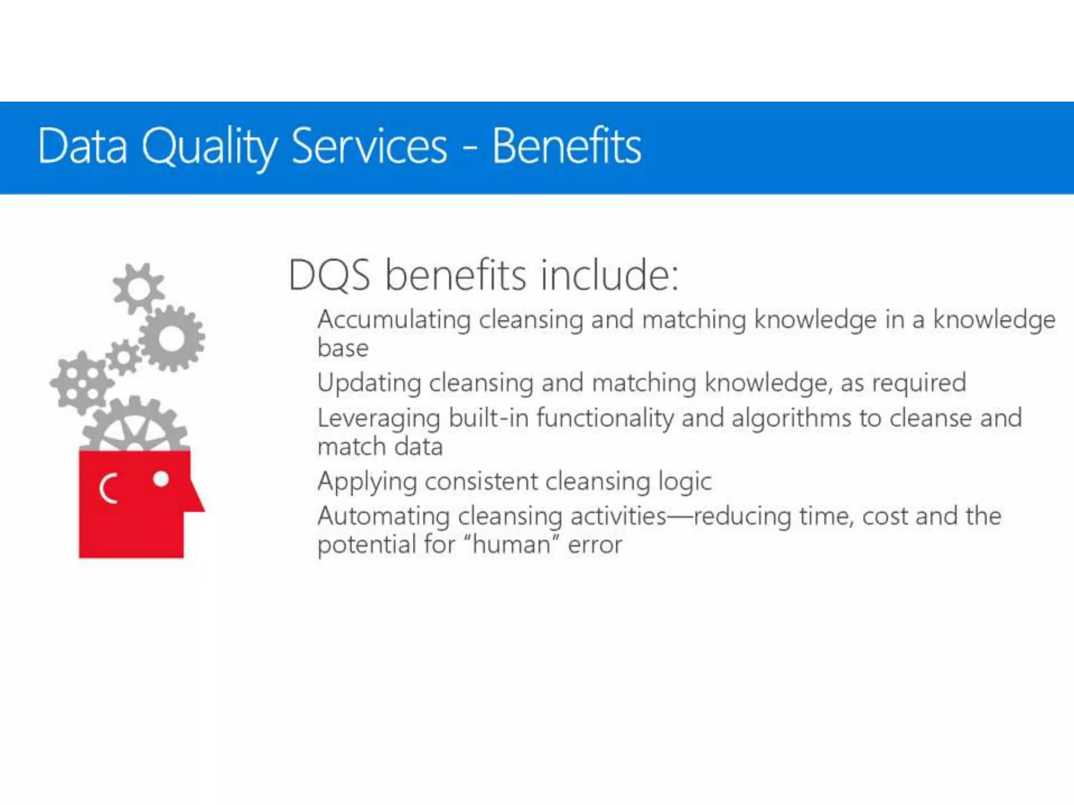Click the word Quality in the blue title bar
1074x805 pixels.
point(209,147)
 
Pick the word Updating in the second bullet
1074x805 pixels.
point(369,383)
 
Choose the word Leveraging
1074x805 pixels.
point(379,419)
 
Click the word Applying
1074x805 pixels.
point(367,482)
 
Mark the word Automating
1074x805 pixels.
point(383,516)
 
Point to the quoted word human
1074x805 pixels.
point(511,545)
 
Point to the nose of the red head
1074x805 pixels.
point(196,501)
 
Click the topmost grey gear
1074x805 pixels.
point(138,289)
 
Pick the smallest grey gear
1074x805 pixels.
point(124,357)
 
